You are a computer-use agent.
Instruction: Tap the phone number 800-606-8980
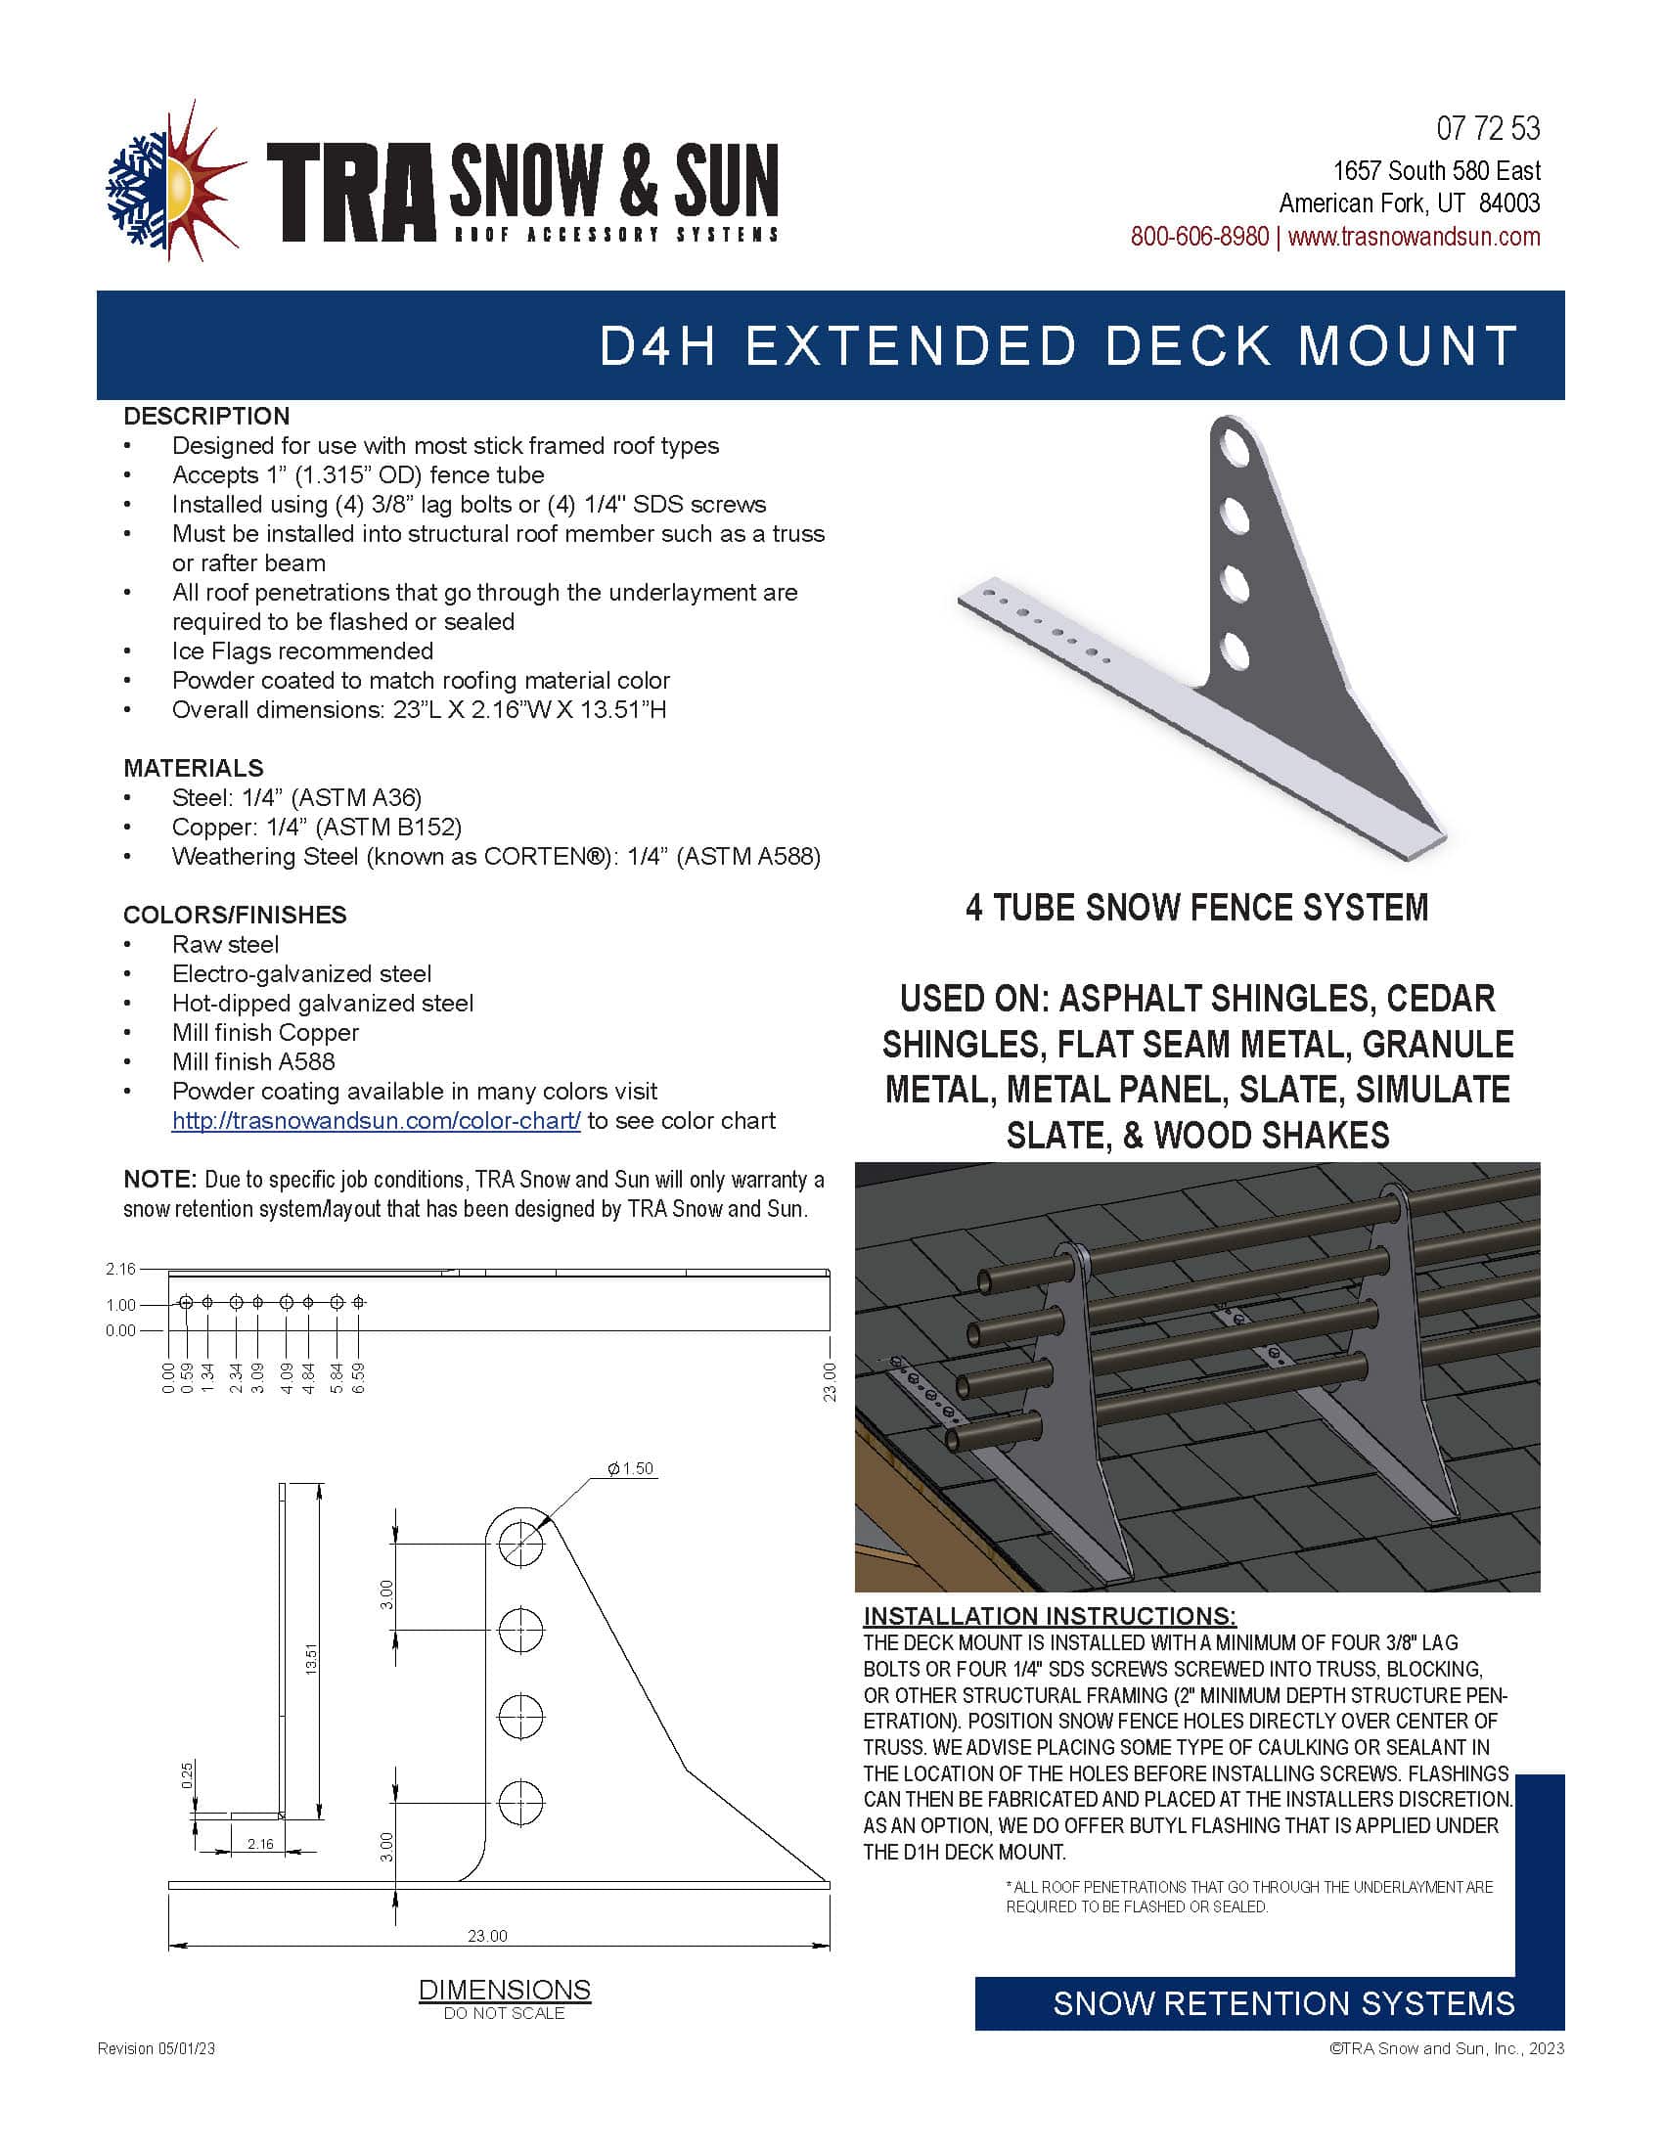[x=1199, y=238]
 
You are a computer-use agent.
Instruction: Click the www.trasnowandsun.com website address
[x=1414, y=238]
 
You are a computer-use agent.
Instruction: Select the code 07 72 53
[x=1488, y=129]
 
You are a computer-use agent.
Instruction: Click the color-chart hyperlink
[x=376, y=1121]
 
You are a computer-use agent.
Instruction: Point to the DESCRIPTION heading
[x=206, y=416]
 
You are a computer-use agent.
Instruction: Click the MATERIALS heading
[x=193, y=768]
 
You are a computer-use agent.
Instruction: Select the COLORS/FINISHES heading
[x=235, y=915]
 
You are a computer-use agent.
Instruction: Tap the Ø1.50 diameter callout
[x=631, y=1469]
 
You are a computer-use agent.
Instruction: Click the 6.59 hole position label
[x=359, y=1377]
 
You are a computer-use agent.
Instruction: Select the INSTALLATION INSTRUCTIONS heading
[x=1050, y=1616]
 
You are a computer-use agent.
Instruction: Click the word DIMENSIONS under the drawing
[x=505, y=1990]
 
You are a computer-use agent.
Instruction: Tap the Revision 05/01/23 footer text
[x=156, y=2048]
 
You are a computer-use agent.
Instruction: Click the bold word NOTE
[x=159, y=1180]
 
